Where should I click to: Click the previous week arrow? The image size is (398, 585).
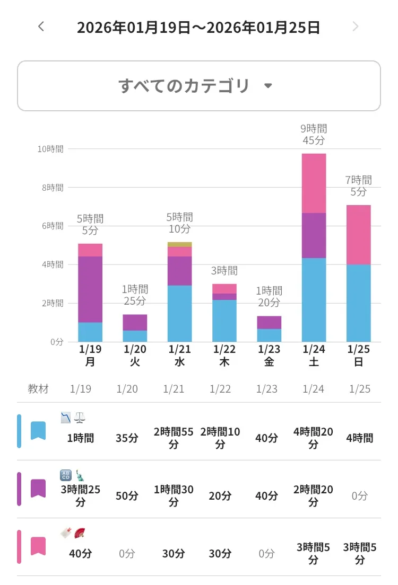[41, 26]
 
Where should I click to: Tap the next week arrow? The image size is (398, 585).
[356, 26]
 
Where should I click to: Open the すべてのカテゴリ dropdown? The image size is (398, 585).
[198, 86]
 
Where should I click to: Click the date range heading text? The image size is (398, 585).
[198, 27]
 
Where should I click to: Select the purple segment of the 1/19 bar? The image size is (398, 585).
[90, 289]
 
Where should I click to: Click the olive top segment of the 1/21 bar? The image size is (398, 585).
[180, 244]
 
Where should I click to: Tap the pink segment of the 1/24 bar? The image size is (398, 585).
[314, 183]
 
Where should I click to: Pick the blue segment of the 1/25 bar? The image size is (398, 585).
[359, 303]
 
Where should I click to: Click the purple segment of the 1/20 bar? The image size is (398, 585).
[135, 323]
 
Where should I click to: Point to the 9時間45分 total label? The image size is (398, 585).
[314, 135]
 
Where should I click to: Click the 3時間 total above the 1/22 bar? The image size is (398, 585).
[224, 271]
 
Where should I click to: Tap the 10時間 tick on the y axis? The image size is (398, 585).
[50, 149]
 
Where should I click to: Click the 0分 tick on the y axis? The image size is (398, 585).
[57, 342]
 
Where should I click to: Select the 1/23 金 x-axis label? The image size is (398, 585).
[269, 356]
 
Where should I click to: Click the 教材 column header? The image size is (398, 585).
[38, 389]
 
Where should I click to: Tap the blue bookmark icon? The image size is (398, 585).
[38, 431]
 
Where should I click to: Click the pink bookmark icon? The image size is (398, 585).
[38, 546]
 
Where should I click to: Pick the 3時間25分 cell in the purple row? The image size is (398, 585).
[80, 495]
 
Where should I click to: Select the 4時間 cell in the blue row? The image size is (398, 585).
[360, 438]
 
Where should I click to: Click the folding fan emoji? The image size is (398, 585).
[80, 533]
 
